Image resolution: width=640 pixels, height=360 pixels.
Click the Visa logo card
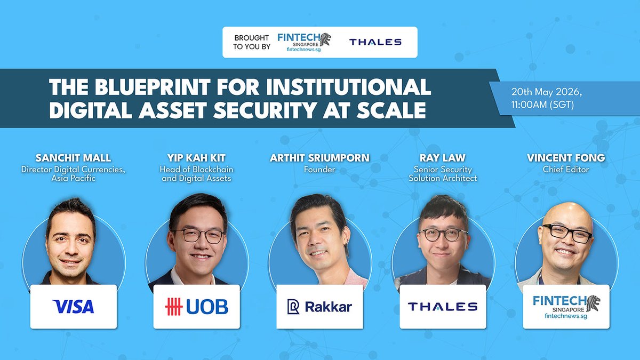tap(73, 307)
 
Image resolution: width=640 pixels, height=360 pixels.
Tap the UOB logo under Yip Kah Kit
tap(196, 307)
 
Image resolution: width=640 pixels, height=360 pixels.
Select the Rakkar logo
tap(319, 307)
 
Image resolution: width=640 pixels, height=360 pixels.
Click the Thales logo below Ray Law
tap(443, 307)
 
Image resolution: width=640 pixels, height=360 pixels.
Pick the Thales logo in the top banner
tap(375, 42)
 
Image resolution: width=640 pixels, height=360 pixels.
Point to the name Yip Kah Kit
tap(197, 158)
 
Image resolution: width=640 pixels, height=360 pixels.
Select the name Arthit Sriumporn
tap(320, 158)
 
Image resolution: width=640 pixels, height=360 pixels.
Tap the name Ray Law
tap(443, 158)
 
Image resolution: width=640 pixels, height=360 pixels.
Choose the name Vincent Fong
tap(566, 158)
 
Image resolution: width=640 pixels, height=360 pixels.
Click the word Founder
tap(320, 170)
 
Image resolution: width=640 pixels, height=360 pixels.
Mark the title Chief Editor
tap(566, 170)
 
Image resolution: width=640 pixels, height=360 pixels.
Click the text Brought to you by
tap(252, 42)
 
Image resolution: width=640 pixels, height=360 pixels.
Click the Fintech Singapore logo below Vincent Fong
tap(566, 307)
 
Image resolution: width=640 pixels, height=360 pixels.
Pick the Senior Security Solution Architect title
tap(443, 174)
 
